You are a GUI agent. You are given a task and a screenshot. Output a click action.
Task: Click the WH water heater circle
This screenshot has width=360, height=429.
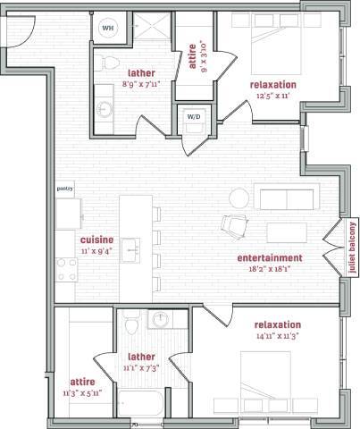pos(108,28)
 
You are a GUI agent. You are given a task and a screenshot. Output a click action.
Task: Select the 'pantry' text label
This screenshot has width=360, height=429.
pos(63,189)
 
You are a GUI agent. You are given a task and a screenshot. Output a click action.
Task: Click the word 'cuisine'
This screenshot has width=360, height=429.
pos(96,240)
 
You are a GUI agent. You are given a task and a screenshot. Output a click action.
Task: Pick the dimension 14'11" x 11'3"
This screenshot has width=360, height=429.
pos(277,335)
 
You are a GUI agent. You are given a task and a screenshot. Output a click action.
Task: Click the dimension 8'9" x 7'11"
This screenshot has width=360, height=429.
pos(142,86)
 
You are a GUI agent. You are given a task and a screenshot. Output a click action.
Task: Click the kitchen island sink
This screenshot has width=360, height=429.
pos(130,247)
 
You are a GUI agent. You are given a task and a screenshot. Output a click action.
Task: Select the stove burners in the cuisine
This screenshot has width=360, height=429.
pos(66,268)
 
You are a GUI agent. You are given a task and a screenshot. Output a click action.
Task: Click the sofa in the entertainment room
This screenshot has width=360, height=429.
pos(283,198)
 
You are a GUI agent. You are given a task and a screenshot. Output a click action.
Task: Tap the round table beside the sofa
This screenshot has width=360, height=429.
pos(239,197)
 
